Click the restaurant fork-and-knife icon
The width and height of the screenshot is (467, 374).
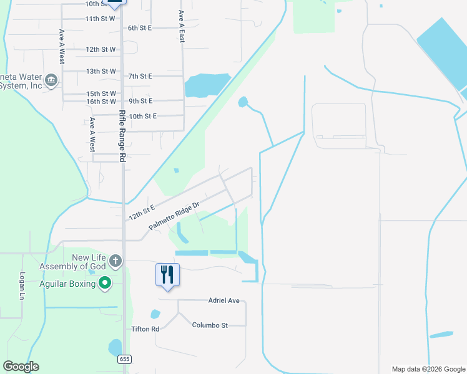click(x=167, y=274)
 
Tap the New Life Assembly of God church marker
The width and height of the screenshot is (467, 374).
click(x=115, y=260)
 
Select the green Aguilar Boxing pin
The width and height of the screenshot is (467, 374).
click(x=105, y=284)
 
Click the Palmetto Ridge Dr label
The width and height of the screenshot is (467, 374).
click(x=174, y=216)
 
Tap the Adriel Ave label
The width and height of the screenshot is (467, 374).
click(x=224, y=300)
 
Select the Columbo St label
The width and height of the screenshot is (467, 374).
click(x=210, y=325)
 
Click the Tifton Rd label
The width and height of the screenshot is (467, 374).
click(x=145, y=328)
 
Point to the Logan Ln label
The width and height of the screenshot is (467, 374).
click(x=21, y=286)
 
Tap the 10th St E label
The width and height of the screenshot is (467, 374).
click(x=142, y=116)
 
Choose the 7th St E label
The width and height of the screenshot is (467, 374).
click(x=140, y=76)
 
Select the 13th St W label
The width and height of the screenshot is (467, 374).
click(x=101, y=71)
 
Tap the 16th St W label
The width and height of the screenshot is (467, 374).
click(x=101, y=101)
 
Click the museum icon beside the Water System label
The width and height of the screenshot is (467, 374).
click(x=51, y=80)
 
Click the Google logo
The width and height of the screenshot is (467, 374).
click(x=21, y=367)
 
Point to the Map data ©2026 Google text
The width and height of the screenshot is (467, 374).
click(x=428, y=369)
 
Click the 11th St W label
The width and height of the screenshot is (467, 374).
click(x=101, y=19)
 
